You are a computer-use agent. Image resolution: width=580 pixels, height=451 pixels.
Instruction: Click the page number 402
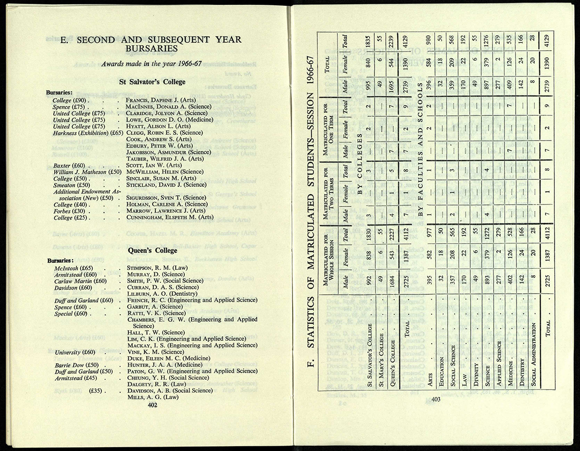(152, 405)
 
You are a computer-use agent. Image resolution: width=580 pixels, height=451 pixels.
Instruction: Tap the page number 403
(436, 400)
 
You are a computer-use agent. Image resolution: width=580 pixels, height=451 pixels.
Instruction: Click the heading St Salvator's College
(152, 82)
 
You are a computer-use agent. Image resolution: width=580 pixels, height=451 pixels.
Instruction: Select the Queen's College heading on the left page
(152, 250)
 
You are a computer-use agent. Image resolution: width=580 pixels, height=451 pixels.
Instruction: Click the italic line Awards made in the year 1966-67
(152, 65)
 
